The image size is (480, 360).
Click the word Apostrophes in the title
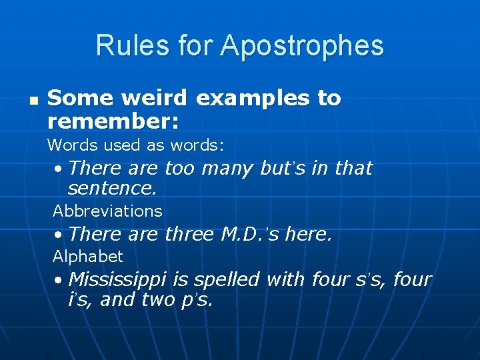(x=302, y=46)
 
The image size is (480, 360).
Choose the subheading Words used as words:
(x=135, y=144)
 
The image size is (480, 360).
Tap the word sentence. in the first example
(x=113, y=188)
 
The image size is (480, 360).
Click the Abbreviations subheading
(x=107, y=211)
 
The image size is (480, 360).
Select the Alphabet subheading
(x=88, y=257)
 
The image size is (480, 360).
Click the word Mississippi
(x=119, y=280)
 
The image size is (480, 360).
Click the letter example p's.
(x=198, y=301)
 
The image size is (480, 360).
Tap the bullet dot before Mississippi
(x=60, y=279)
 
